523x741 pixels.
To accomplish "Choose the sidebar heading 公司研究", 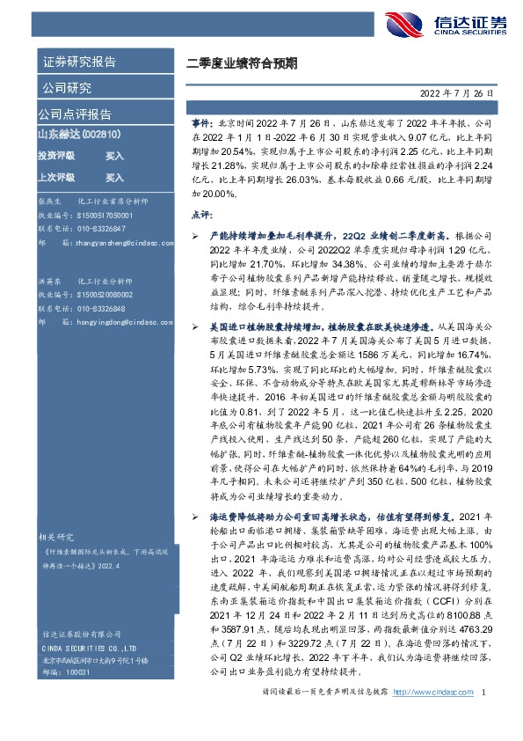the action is (65, 88).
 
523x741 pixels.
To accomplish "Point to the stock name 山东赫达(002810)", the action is (79, 135).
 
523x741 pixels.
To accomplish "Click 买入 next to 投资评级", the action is (114, 155).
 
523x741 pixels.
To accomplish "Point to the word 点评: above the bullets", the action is (200, 214).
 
